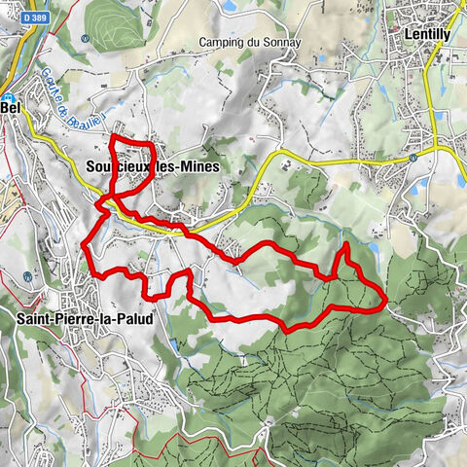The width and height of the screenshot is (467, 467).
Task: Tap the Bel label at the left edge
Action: tap(11, 109)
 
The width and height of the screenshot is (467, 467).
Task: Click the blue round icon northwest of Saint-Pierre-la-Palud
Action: tap(28, 275)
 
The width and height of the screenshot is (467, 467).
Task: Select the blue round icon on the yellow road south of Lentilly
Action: tap(413, 156)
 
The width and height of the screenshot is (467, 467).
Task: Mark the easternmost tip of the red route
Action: tap(387, 295)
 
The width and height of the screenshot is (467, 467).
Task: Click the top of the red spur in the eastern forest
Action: tap(345, 245)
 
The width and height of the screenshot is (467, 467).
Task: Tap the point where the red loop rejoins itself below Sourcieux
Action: tap(109, 198)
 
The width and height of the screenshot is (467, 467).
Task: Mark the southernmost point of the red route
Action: tap(289, 332)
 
